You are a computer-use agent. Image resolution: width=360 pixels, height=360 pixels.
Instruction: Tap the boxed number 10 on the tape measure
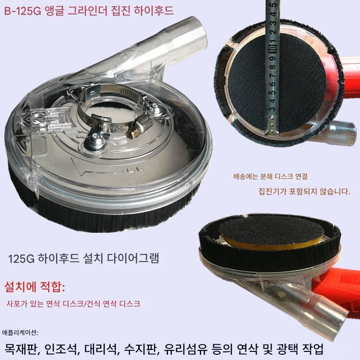[273, 48]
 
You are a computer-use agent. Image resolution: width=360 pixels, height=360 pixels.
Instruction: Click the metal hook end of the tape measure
[272, 125]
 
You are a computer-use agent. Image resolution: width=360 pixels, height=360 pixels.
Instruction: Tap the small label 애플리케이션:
[20, 333]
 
